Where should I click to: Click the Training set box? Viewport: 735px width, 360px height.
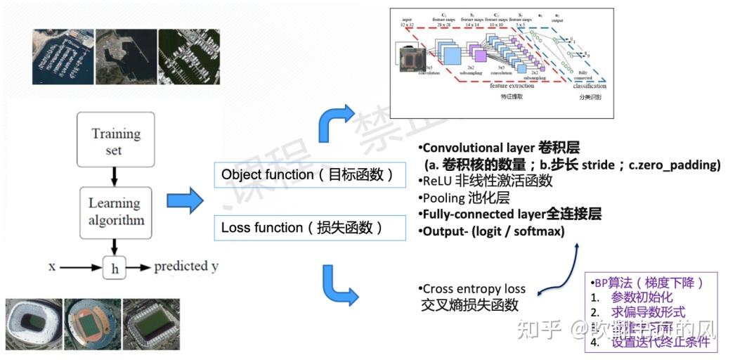click(115, 141)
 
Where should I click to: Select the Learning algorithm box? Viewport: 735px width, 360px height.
click(115, 212)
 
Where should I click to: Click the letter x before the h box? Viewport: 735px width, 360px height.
click(52, 266)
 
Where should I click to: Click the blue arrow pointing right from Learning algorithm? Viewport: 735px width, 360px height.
click(184, 202)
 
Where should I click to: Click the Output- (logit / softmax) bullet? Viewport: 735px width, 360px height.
click(491, 231)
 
